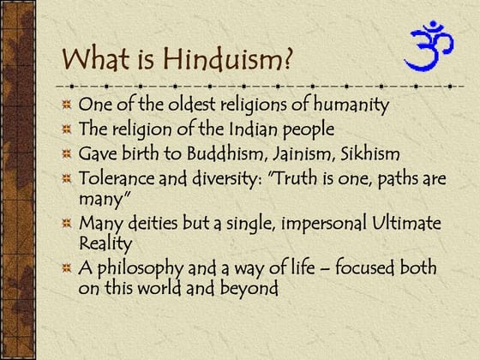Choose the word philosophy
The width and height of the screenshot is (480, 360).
coord(141,268)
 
